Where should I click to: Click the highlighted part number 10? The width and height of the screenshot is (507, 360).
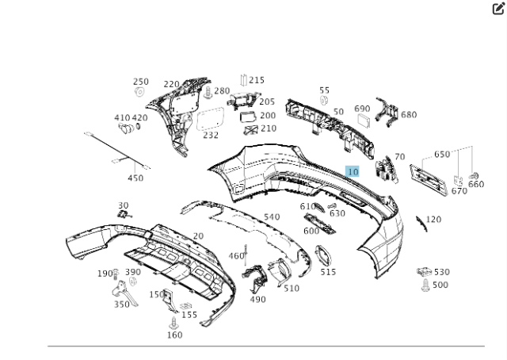(x=353, y=172)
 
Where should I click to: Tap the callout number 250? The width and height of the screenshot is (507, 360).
(x=140, y=82)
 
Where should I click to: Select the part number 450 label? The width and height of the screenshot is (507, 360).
(x=135, y=178)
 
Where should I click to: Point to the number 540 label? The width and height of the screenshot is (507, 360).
(x=272, y=216)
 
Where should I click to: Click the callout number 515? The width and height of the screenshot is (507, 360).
(x=328, y=272)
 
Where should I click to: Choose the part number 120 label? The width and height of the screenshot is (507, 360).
(x=433, y=220)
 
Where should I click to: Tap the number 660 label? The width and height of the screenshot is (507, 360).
(x=475, y=185)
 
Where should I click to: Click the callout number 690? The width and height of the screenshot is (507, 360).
(x=362, y=109)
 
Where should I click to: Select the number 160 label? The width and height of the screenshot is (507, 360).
(x=174, y=335)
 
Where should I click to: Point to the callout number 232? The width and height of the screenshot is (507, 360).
(x=210, y=136)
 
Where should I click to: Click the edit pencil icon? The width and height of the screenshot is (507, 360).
(x=498, y=9)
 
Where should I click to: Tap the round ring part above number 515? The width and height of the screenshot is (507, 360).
(x=323, y=255)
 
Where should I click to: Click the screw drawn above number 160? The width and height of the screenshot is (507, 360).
(x=173, y=321)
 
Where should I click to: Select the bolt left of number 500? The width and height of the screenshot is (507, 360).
(x=425, y=285)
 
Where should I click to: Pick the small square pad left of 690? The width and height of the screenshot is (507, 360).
(x=364, y=121)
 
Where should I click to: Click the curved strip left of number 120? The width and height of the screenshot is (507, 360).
(x=420, y=221)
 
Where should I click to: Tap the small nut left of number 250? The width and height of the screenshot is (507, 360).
(x=139, y=93)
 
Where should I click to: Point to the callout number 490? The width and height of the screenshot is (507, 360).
(x=257, y=299)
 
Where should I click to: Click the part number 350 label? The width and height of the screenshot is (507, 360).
(x=121, y=304)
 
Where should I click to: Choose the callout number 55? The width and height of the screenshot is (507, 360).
(x=324, y=91)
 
